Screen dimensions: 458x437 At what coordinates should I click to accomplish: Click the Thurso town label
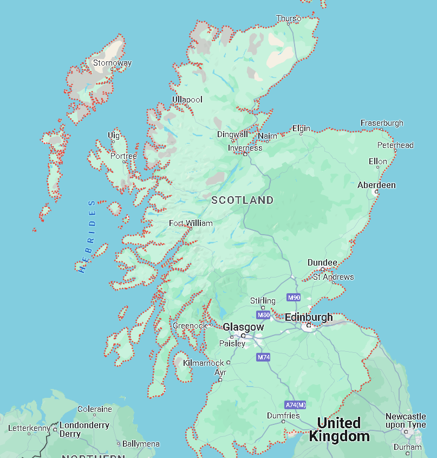289,18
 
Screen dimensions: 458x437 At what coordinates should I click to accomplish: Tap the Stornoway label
112,63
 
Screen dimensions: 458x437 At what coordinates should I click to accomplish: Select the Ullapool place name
187,100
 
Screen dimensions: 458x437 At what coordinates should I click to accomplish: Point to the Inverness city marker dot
245,154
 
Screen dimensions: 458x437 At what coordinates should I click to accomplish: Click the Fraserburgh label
382,123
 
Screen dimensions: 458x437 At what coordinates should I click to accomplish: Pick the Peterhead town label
395,145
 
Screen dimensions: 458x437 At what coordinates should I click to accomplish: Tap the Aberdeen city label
376,185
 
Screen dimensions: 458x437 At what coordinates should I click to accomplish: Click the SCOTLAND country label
243,200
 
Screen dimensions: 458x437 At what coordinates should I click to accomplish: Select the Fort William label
191,223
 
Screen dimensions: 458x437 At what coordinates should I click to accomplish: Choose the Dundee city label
322,262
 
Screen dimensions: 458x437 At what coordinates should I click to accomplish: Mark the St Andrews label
333,277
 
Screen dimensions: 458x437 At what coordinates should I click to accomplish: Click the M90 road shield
293,298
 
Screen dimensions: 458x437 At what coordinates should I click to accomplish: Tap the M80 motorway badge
264,315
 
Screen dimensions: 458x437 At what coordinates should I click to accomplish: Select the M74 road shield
263,357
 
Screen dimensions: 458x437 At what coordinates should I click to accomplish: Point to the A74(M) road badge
295,405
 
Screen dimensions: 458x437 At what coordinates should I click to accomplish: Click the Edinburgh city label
309,317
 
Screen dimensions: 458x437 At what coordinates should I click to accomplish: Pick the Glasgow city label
243,327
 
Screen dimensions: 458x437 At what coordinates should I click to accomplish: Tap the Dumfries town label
283,416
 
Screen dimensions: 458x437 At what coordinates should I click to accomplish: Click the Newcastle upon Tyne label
406,421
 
